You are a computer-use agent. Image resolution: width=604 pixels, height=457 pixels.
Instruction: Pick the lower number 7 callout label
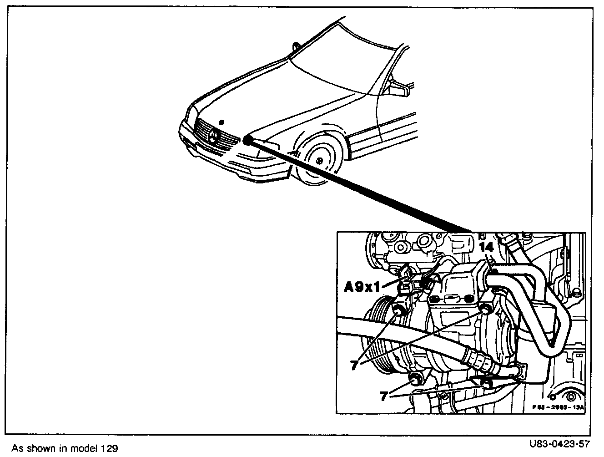click(x=384, y=396)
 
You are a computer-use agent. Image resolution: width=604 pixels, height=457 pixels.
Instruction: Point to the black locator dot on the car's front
click(x=248, y=140)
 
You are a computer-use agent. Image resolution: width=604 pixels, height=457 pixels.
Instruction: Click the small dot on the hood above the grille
click(x=221, y=122)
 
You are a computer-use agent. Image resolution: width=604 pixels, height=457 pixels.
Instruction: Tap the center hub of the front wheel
click(x=319, y=160)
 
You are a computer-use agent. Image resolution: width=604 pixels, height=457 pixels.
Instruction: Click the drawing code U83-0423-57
click(x=559, y=443)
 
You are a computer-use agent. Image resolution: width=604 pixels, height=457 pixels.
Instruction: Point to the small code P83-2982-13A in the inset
click(x=558, y=408)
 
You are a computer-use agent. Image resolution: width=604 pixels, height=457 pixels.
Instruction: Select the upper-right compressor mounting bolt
click(x=486, y=309)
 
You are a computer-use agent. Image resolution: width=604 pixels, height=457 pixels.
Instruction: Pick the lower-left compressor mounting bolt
click(x=415, y=378)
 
